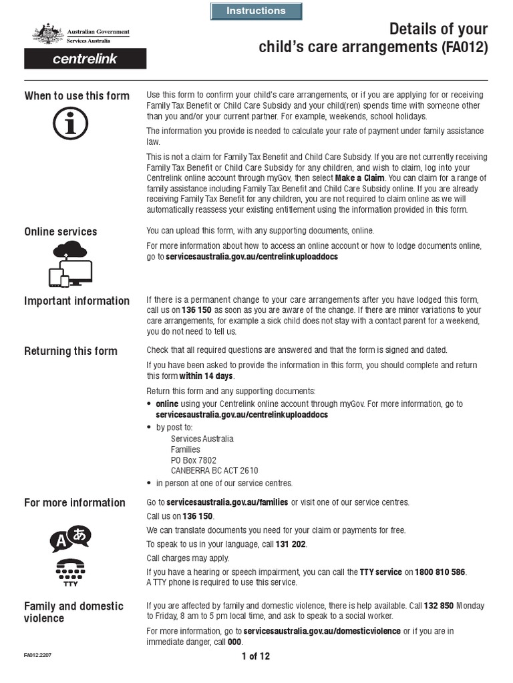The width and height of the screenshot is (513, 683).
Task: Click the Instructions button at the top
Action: coord(256,11)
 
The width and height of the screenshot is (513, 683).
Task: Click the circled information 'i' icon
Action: coord(70,125)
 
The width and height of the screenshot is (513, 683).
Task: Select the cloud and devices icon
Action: coord(71,264)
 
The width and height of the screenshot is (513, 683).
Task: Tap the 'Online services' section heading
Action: coord(61,231)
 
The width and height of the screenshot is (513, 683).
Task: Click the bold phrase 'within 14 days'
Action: coord(206,376)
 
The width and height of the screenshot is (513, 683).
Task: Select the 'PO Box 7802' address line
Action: coord(194,460)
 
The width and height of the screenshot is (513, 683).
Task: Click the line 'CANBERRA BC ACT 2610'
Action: coord(214,470)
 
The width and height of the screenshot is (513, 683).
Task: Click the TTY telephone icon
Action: coord(70,572)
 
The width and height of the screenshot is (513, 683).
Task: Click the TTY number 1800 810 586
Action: coord(440,572)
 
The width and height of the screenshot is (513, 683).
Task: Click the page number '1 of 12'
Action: coord(256,656)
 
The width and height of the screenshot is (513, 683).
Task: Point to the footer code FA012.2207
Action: coord(37,656)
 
